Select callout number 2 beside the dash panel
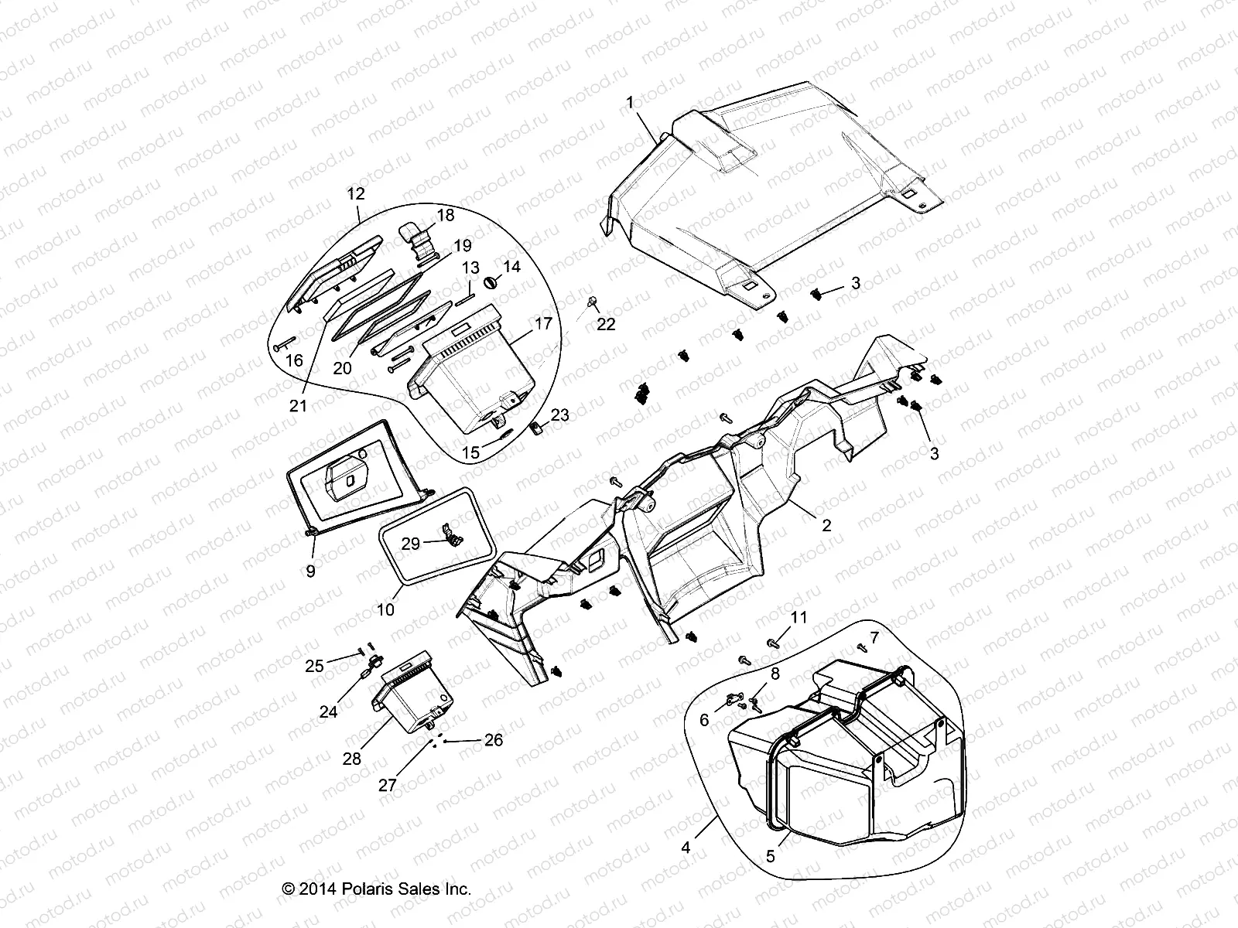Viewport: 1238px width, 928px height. click(826, 525)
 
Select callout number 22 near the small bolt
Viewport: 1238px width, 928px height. click(606, 325)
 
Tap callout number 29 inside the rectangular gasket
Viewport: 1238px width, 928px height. click(411, 544)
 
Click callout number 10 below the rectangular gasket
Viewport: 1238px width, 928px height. click(385, 609)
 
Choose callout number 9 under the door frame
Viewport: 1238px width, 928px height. click(310, 571)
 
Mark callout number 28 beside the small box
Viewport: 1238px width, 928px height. click(352, 759)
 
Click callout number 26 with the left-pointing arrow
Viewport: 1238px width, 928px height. click(493, 740)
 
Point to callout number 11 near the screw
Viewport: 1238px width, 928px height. click(798, 616)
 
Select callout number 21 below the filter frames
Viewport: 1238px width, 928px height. click(298, 405)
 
